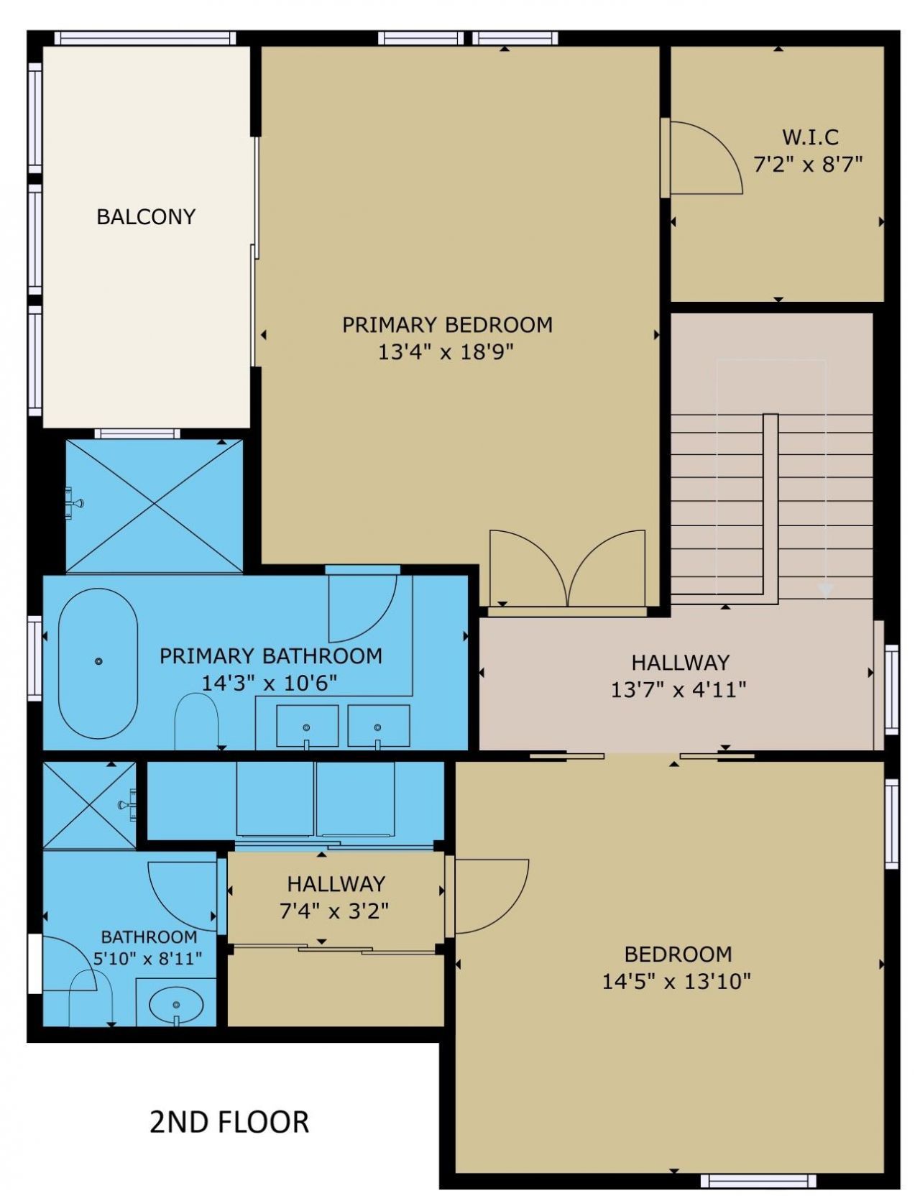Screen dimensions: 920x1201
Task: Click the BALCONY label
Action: point(146,216)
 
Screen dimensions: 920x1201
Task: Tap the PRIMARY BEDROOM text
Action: point(447,325)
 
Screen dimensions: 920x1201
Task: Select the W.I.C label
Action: point(810,137)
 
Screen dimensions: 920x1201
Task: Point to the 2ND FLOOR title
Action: point(229,1122)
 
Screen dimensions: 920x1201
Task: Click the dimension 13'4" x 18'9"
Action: point(446,352)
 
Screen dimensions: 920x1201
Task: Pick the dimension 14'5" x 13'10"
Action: point(676,981)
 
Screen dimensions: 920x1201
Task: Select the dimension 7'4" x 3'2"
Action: point(334,911)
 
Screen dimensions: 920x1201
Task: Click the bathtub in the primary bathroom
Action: point(98,663)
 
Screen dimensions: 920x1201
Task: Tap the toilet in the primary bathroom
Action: point(196,720)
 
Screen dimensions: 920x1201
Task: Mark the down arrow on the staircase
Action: point(826,589)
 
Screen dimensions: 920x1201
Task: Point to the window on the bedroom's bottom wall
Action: point(758,1181)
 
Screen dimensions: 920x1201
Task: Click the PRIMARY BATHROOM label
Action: point(270,655)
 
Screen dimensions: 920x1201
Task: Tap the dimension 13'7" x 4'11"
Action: point(678,690)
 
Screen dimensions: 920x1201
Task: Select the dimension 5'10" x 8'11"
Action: point(148,958)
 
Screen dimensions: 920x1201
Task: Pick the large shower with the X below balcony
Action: point(155,506)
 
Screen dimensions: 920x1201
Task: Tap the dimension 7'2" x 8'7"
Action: point(807,165)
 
